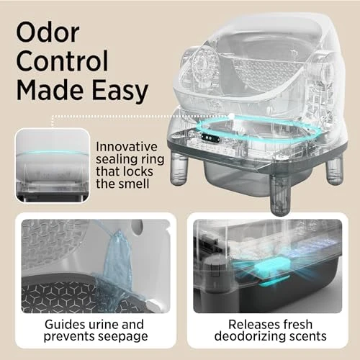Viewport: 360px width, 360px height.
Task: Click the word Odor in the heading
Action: pos(48,32)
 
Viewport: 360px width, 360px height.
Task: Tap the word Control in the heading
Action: pos(63,61)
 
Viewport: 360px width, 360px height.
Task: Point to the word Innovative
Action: pos(127,147)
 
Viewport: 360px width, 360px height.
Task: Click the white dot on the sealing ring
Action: pos(231,115)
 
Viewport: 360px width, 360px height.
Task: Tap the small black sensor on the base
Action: pos(210,138)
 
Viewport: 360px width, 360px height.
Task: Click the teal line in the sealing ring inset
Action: pos(52,153)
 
